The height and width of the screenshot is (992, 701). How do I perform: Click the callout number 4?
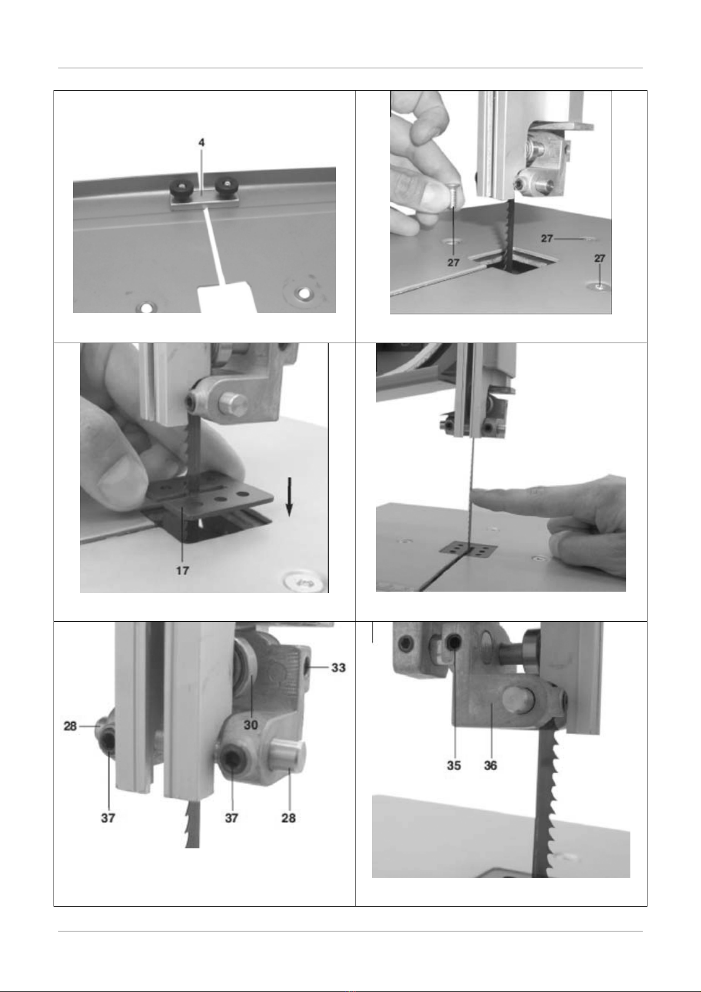coord(202,142)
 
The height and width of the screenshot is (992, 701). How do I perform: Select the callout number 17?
coord(182,570)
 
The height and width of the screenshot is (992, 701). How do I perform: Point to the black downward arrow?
coord(289,496)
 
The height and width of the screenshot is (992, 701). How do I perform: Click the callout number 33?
coord(338,668)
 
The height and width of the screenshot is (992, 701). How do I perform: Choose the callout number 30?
coord(251,725)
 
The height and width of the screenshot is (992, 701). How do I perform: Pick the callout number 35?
coord(454,765)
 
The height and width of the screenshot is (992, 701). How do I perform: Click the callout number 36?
coord(490,765)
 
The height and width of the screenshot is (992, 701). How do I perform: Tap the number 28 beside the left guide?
coord(70,726)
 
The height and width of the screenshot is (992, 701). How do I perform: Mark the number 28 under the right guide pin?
coord(288,818)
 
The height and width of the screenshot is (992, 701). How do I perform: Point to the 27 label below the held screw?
coord(453,263)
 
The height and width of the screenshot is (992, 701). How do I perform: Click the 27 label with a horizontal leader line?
coord(547,238)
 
